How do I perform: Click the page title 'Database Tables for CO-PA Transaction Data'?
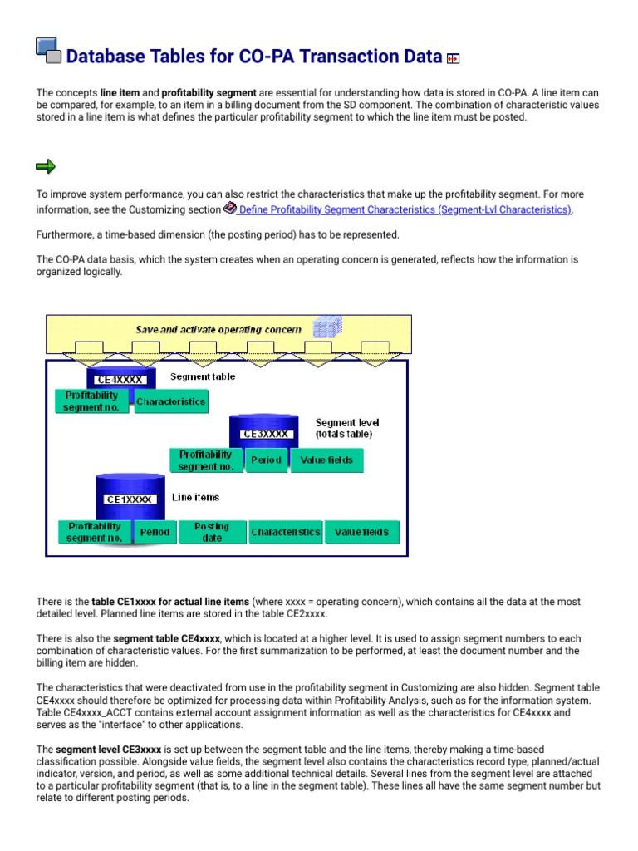[253, 57]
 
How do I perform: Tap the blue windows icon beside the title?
[48, 51]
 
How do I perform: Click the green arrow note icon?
[46, 167]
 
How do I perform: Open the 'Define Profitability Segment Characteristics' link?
[404, 210]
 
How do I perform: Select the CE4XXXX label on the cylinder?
[120, 380]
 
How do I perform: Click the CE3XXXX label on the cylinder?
[265, 434]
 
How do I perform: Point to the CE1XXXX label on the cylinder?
[129, 499]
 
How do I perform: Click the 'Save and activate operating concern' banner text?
[218, 329]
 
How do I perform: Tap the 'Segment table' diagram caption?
[203, 376]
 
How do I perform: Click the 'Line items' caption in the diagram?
[196, 497]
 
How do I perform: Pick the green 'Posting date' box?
[212, 532]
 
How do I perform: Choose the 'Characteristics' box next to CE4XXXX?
[170, 402]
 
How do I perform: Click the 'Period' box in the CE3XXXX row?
[266, 460]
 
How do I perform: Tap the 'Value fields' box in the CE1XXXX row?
[361, 532]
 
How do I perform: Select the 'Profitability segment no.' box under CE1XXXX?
[95, 532]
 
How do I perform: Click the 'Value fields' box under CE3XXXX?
[326, 460]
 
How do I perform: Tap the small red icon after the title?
[454, 58]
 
